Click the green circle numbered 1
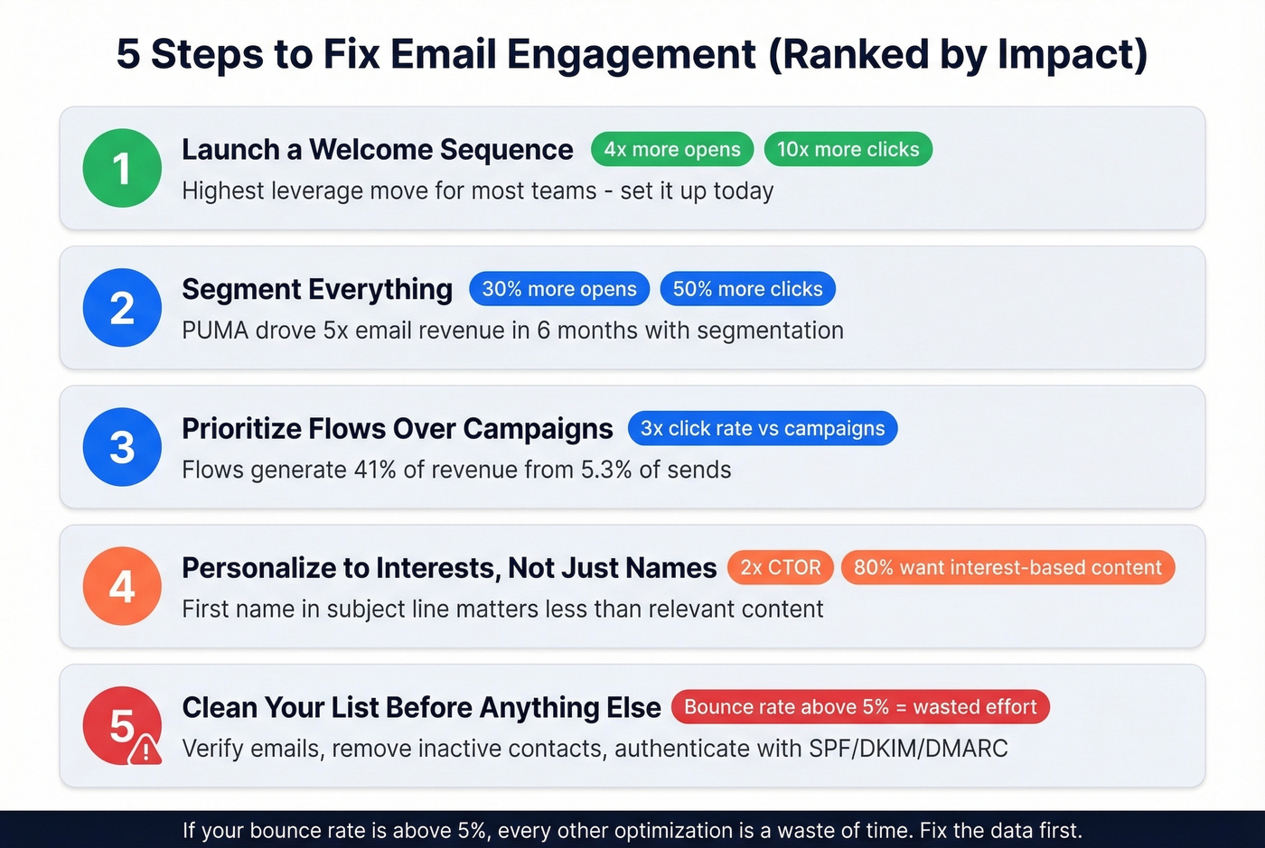[122, 168]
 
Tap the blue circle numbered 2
[122, 308]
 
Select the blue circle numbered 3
[122, 447]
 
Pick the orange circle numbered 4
[122, 586]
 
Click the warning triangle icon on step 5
[145, 750]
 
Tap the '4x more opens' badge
[672, 150]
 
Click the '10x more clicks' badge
[848, 150]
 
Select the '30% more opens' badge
[559, 289]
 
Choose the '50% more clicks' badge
[747, 289]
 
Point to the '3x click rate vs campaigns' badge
[763, 428]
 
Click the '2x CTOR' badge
[781, 567]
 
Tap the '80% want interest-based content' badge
[1007, 567]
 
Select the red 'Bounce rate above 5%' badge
[860, 707]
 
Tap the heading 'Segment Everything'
[317, 289]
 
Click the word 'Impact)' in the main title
[1073, 54]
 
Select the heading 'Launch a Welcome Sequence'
[378, 150]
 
